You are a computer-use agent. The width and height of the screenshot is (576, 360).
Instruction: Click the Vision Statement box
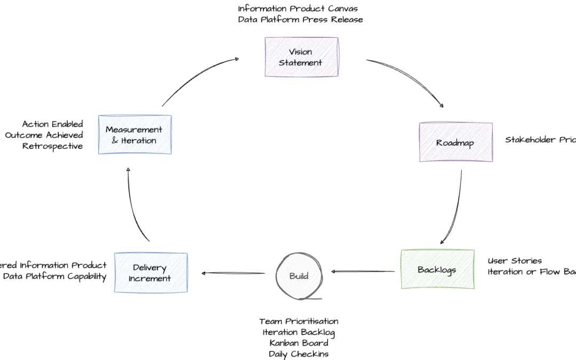coord(301,57)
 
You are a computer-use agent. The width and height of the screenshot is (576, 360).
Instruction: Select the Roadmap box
coord(455,142)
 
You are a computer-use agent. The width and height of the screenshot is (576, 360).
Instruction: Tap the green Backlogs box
coord(437,269)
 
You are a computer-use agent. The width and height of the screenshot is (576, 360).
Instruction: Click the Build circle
coord(299,276)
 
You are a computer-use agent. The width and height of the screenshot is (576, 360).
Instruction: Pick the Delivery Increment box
coord(150,273)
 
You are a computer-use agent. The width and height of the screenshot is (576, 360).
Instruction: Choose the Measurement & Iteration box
coord(135,135)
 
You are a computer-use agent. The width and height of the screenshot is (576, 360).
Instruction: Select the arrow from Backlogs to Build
coord(365,271)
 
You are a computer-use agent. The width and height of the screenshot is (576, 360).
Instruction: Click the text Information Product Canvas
coord(298,9)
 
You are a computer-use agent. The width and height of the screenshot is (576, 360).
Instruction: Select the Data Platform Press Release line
coord(300,20)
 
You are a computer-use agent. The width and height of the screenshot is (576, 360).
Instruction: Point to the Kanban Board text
coord(299,343)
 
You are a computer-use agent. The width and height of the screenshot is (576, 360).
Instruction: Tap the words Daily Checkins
coord(299,354)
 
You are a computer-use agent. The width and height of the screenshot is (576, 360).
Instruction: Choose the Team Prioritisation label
coord(299,321)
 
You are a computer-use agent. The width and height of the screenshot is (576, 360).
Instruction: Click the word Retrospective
coord(53,146)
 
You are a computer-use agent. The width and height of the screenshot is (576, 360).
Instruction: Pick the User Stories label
coord(515,261)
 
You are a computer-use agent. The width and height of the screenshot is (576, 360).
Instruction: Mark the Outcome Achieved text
coord(44,135)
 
